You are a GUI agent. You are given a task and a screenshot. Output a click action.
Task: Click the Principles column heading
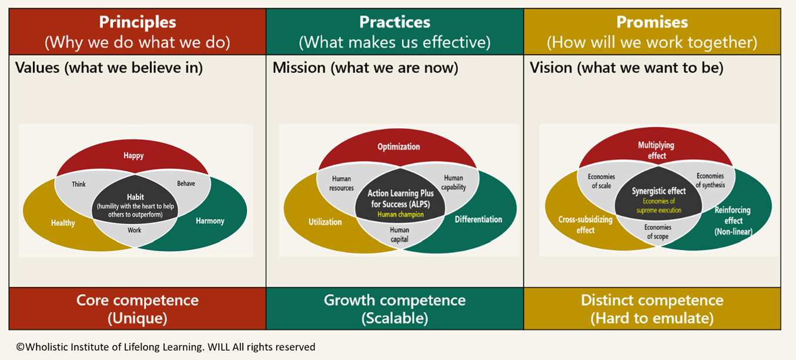[x=137, y=22]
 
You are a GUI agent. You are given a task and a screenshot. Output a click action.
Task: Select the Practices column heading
[x=394, y=22]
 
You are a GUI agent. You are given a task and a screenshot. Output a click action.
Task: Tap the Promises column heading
[x=651, y=22]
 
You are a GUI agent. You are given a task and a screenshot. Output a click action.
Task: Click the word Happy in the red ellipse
[x=133, y=156]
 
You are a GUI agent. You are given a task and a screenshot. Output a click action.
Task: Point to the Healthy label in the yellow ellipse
[x=63, y=223]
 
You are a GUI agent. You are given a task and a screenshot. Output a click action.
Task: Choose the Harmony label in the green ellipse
[x=210, y=221]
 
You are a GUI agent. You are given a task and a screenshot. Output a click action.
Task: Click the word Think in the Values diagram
[x=79, y=184]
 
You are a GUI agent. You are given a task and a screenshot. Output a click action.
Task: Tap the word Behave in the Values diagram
[x=186, y=184]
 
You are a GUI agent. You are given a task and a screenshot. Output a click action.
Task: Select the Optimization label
[x=399, y=146]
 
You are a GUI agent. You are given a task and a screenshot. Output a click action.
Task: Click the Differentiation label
[x=479, y=219]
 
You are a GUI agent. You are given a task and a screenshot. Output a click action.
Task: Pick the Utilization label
[x=325, y=222]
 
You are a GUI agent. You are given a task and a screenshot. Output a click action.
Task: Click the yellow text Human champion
[x=400, y=215]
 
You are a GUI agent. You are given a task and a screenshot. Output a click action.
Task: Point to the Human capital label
[x=400, y=235]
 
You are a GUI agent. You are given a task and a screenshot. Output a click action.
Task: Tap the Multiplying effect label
[x=656, y=150]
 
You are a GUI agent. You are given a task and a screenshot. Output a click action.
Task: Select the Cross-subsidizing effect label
[x=585, y=225]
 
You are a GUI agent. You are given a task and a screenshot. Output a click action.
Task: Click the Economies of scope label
[x=657, y=232]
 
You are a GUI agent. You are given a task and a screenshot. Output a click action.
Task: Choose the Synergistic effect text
[x=658, y=191]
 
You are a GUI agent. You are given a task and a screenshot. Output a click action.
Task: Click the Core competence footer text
[x=137, y=300]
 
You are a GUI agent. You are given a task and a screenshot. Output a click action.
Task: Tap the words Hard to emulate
[x=652, y=318]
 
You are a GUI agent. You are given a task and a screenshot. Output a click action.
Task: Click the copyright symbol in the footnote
[x=20, y=347]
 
